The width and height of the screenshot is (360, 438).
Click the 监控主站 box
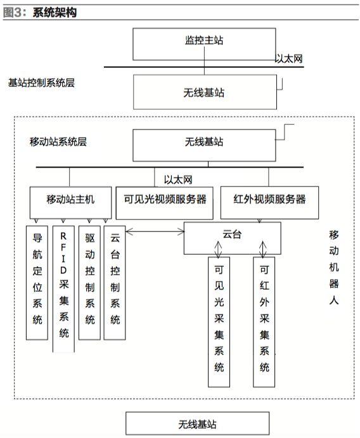(x=204, y=44)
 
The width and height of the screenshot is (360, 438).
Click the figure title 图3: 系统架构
(x=40, y=13)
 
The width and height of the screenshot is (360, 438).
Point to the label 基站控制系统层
(x=41, y=82)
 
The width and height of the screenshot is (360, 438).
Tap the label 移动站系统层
(x=58, y=141)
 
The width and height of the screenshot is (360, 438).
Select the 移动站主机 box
(x=70, y=202)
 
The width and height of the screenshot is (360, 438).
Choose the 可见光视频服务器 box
(x=165, y=203)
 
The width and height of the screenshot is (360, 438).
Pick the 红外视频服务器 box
(x=269, y=202)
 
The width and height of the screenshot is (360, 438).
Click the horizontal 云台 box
(x=232, y=238)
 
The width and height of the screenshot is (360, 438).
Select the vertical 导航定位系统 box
(x=37, y=283)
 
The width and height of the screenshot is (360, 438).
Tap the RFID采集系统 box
(x=63, y=289)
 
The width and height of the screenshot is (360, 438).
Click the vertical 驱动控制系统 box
(x=89, y=283)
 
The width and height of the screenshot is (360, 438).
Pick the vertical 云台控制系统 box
(x=115, y=283)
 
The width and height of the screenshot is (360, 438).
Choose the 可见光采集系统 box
(x=219, y=322)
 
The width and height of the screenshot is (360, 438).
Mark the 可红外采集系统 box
(x=264, y=322)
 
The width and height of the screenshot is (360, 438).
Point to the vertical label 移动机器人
(x=334, y=267)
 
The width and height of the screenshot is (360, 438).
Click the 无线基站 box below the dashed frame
(x=198, y=423)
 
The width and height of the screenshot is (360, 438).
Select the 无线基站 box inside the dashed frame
(x=204, y=145)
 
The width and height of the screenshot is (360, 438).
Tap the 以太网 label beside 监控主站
(x=289, y=59)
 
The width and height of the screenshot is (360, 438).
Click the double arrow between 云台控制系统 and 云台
(x=155, y=231)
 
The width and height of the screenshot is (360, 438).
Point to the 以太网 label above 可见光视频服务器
(x=178, y=179)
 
